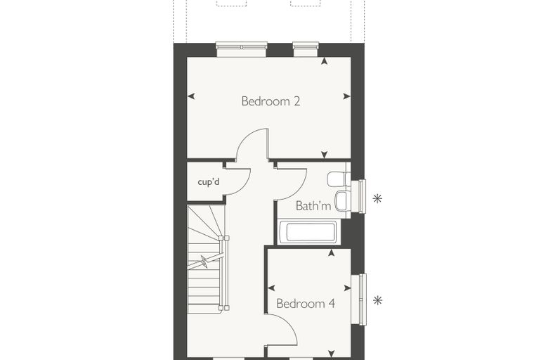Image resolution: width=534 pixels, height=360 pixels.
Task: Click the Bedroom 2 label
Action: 271,101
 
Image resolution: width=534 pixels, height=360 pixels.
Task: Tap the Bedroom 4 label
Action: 306,304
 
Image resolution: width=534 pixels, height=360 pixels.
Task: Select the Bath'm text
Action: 313,205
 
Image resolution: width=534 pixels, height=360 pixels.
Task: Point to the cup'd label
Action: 209,181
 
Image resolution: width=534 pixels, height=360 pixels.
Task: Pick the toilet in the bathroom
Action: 338,179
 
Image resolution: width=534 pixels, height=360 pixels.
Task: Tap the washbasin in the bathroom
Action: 342,201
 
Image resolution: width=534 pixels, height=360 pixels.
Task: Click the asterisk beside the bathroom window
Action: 377,198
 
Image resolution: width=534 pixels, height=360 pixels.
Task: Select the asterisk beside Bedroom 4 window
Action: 377,300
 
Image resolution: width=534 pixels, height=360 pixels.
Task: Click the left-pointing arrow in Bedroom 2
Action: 191,96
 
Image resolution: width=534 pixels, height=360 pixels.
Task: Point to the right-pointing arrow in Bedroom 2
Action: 346,96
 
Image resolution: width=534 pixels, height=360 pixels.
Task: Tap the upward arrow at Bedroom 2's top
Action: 324,61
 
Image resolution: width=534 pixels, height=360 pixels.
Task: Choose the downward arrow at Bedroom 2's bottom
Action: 324,155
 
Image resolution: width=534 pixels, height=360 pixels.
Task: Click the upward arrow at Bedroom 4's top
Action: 331,252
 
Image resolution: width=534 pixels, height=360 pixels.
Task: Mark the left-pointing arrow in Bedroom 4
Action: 271,288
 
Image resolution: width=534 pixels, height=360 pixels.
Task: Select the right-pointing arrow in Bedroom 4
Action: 347,288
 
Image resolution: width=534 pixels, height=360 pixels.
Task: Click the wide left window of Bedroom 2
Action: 242,49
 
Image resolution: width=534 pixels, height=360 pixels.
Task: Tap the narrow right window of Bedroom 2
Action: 306,49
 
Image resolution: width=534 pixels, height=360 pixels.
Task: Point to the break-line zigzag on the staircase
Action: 204,262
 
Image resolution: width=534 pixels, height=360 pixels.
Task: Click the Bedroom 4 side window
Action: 358,300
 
